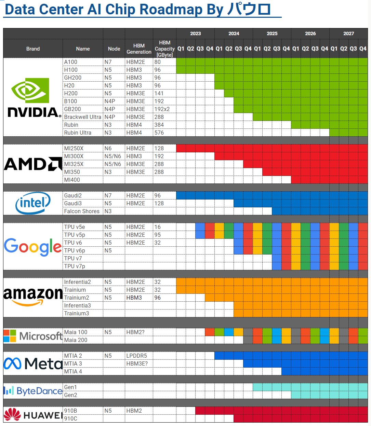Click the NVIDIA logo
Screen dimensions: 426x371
(33, 97)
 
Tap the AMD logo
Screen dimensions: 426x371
(33, 164)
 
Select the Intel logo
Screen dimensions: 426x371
(33, 203)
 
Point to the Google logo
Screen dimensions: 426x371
(33, 247)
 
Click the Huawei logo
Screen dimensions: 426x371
(33, 415)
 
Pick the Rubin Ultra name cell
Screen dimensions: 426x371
(78, 133)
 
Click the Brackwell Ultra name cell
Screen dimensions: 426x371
(83, 117)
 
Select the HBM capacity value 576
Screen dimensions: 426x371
(159, 133)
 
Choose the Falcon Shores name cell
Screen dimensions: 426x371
(82, 211)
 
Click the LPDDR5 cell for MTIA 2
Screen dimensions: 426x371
(136, 356)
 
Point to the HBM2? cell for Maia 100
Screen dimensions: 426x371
(135, 332)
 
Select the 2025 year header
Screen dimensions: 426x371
(272, 33)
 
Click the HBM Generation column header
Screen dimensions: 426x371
(139, 49)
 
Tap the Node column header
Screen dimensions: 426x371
(114, 49)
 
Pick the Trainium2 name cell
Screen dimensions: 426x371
(77, 298)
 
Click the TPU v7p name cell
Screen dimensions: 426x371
(75, 266)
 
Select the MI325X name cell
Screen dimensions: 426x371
(74, 164)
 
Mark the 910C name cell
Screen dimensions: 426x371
(71, 418)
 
